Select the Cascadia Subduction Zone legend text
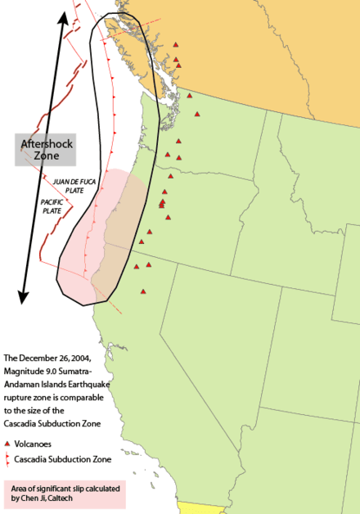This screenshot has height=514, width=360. pyautogui.click(x=62, y=459)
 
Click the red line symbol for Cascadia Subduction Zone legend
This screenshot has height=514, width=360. pyautogui.click(x=7, y=459)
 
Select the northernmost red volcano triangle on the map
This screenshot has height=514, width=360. pyautogui.click(x=175, y=45)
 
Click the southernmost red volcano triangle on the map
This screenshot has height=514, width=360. pyautogui.click(x=143, y=291)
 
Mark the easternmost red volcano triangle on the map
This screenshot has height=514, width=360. pyautogui.click(x=197, y=114)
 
